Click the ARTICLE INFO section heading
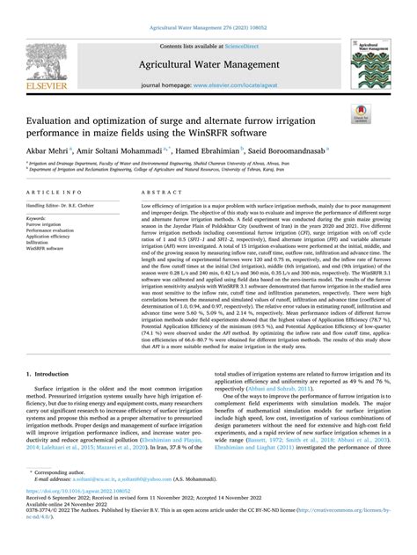click(55, 191)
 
